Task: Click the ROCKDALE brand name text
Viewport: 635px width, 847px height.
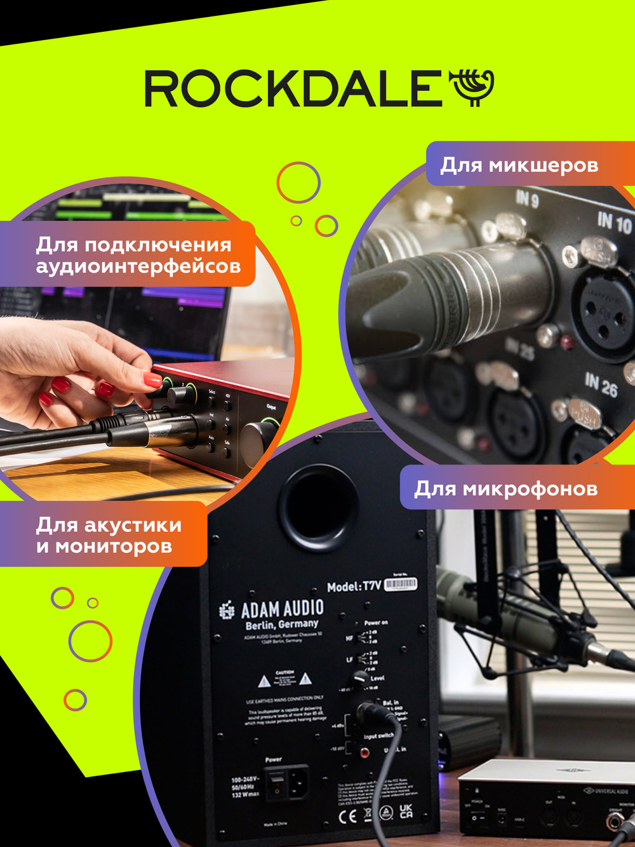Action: point(293,88)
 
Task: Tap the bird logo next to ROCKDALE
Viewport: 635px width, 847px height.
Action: point(472,87)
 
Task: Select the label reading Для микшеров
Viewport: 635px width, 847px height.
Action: point(519,165)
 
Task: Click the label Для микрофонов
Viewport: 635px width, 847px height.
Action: point(506,489)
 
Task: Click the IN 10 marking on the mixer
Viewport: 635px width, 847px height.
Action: point(614,222)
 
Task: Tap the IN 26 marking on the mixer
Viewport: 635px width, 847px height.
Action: point(601,384)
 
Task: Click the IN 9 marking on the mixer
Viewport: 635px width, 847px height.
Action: point(527,200)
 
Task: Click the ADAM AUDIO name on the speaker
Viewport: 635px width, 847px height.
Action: point(283,609)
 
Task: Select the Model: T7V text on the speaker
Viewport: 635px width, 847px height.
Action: point(354,586)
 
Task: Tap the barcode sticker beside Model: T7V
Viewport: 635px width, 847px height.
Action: point(401,584)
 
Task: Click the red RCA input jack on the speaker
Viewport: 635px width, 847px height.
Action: point(364,753)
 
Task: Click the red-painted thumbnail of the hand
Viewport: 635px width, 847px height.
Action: point(152,381)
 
